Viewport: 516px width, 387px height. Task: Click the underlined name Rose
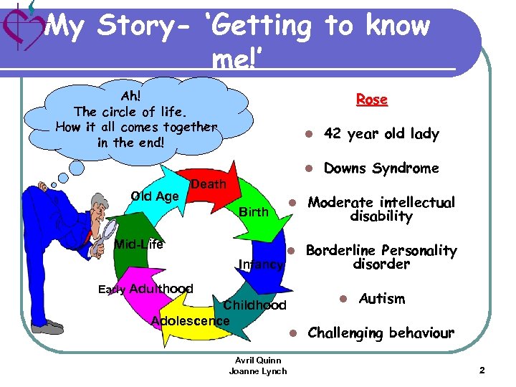click(371, 100)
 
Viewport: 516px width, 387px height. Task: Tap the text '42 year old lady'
click(381, 134)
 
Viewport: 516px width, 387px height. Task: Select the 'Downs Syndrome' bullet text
click(381, 168)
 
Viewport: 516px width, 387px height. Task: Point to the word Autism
click(381, 298)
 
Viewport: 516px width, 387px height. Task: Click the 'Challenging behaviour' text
click(381, 333)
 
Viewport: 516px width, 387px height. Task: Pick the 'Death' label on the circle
click(209, 184)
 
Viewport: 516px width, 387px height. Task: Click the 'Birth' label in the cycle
click(253, 212)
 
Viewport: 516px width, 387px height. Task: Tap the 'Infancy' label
click(261, 264)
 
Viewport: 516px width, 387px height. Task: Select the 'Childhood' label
click(254, 305)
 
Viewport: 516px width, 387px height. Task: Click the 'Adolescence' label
click(191, 320)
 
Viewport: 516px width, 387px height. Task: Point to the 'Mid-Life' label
click(139, 244)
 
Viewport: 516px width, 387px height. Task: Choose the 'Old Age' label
click(155, 196)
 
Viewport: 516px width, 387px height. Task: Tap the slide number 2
click(482, 371)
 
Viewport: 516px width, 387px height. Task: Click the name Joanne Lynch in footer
click(257, 371)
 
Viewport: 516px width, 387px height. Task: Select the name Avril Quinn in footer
click(257, 360)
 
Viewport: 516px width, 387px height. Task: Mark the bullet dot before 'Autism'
click(343, 298)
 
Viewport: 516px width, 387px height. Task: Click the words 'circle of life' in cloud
click(143, 111)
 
